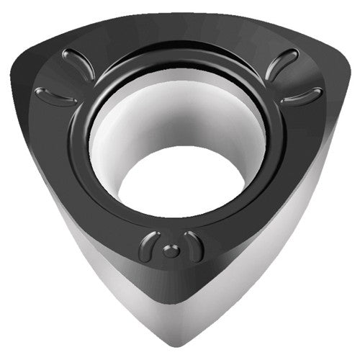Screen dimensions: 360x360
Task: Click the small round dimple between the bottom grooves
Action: tap(170, 250)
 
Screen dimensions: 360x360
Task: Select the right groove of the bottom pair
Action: tap(193, 246)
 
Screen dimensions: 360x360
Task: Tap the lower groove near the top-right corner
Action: tap(302, 96)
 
